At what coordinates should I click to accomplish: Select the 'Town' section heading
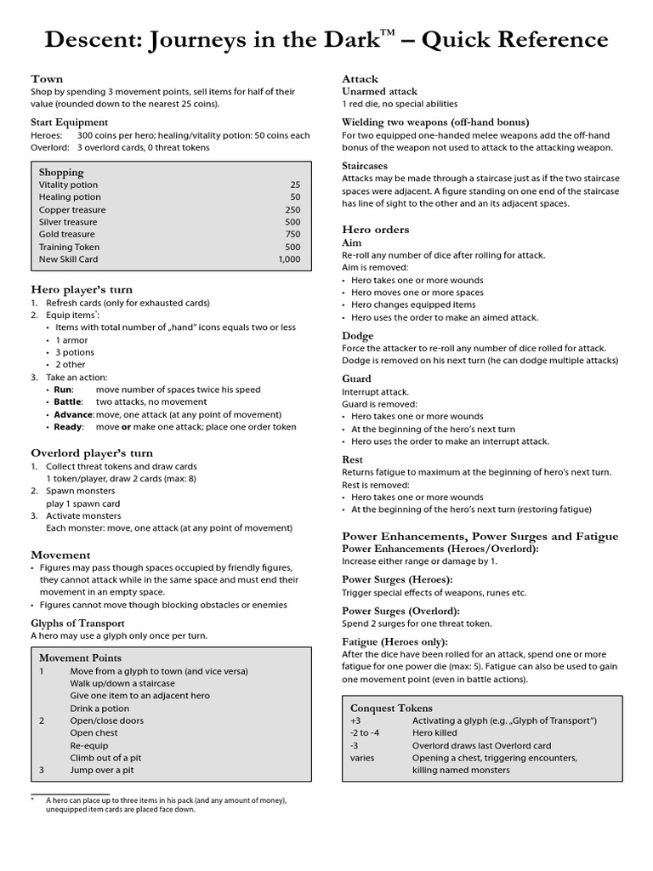point(47,78)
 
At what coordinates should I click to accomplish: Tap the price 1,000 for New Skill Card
point(289,259)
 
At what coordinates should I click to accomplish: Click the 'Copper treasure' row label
point(72,209)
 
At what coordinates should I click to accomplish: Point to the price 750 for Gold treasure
point(292,234)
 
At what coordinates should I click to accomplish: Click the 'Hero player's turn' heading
point(82,289)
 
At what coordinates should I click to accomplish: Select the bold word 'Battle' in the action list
point(68,401)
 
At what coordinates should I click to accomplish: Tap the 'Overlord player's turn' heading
point(92,453)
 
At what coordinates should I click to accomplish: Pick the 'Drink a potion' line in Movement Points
point(99,709)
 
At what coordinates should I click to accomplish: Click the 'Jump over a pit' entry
point(102,770)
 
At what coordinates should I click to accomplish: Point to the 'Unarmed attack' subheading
point(380,91)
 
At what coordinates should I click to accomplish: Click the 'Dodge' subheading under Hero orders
point(357,336)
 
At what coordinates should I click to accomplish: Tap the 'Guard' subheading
point(356,379)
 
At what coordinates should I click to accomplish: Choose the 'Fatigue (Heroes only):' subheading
point(395,641)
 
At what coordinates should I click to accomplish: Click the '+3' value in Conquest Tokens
point(356,720)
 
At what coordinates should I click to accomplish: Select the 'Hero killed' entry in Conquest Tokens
point(434,732)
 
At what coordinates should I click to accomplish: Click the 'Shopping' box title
point(61,172)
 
